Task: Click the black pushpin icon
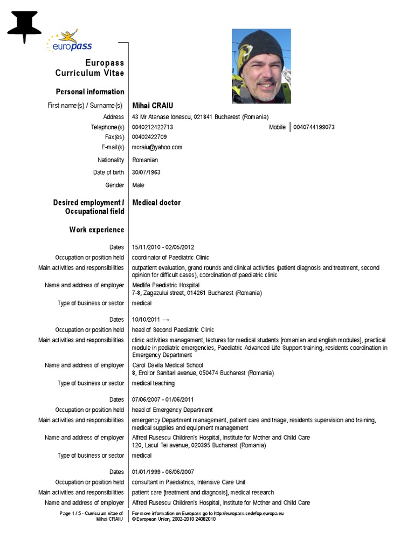click(x=24, y=26)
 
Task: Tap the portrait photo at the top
click(x=261, y=66)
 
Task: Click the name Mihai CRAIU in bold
click(x=153, y=106)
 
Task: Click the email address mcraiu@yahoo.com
click(x=157, y=147)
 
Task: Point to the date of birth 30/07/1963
click(x=146, y=172)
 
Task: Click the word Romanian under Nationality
click(x=145, y=160)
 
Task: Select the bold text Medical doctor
click(x=156, y=203)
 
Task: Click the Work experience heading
click(x=96, y=230)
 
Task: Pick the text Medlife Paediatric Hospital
click(x=165, y=285)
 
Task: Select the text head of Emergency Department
click(x=172, y=410)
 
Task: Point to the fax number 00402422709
click(x=149, y=137)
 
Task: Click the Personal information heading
click(x=90, y=92)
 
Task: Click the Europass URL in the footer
click(x=249, y=513)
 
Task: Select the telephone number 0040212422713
click(x=153, y=127)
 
